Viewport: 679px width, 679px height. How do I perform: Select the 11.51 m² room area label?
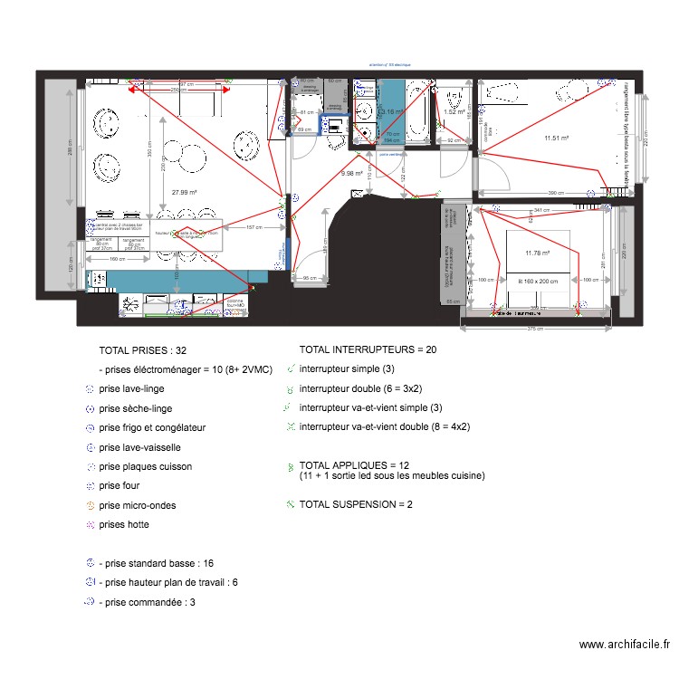(x=556, y=139)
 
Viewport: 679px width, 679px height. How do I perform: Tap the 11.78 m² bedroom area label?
(x=538, y=253)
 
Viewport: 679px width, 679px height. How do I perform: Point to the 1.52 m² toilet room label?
(x=454, y=112)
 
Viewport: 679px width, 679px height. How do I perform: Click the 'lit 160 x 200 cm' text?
(x=539, y=282)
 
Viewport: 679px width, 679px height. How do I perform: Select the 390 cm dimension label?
(x=550, y=193)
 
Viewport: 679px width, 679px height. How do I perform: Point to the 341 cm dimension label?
(x=541, y=210)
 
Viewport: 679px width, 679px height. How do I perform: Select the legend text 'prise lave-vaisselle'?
(x=139, y=447)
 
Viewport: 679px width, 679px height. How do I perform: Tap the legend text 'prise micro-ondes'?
(x=137, y=505)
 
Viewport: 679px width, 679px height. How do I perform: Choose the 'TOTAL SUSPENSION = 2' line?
(x=356, y=504)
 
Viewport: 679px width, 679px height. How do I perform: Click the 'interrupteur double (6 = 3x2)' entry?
(x=361, y=388)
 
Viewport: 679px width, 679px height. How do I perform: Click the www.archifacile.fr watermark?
(x=624, y=645)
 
